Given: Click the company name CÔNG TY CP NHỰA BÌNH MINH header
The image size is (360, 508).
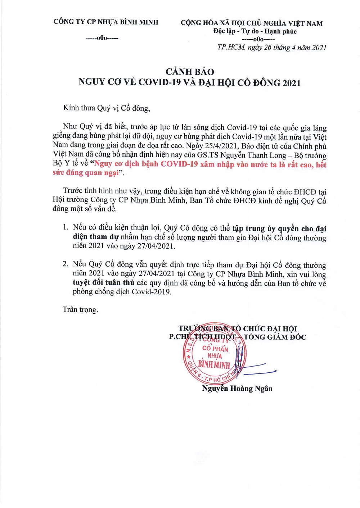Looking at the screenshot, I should click(106, 22).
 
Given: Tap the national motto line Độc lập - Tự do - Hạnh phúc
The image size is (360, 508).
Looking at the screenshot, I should click(255, 31).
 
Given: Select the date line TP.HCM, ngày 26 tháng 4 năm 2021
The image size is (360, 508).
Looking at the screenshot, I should click(272, 47).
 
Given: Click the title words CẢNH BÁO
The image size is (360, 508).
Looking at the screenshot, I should click(190, 72).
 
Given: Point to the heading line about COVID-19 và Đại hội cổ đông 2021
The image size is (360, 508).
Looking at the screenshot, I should click(189, 82).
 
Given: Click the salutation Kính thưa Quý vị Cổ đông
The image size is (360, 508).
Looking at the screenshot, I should click(107, 108).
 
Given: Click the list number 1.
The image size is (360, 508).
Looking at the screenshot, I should click(65, 227).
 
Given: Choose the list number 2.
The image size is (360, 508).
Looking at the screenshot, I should click(65, 264).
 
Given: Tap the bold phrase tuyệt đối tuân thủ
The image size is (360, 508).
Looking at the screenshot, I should click(104, 283).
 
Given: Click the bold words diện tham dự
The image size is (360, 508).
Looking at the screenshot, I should click(96, 237).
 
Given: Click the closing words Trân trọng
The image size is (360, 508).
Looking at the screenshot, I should click(80, 310).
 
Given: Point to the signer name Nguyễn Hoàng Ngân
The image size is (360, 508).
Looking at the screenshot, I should click(237, 389).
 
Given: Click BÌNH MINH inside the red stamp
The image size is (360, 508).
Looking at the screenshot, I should click(214, 365).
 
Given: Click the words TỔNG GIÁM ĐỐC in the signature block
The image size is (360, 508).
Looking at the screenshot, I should click(275, 337).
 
